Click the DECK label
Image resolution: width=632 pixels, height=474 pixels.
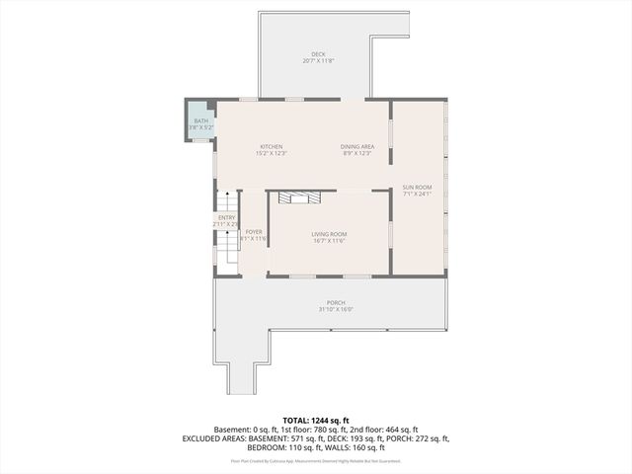(318, 54)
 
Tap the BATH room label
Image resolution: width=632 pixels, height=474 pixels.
(201, 120)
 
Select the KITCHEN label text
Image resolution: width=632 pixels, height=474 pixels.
(272, 146)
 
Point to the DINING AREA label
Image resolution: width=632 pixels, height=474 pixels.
(357, 146)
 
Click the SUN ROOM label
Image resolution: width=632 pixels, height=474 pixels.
(417, 187)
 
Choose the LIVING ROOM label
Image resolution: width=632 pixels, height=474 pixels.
(329, 233)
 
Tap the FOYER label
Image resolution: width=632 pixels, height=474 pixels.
(254, 232)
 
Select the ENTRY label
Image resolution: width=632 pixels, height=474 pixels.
(226, 217)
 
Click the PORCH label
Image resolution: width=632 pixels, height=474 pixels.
(336, 302)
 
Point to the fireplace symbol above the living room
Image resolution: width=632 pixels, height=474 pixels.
(299, 197)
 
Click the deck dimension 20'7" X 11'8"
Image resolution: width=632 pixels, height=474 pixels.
(318, 61)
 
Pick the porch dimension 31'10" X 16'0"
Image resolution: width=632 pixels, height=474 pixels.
(336, 309)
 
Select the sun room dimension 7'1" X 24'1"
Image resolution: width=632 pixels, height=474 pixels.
(417, 194)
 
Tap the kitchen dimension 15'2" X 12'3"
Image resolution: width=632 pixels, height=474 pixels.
(272, 153)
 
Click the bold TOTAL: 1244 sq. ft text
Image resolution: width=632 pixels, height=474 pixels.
(316, 420)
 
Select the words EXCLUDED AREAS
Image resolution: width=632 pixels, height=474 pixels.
(213, 437)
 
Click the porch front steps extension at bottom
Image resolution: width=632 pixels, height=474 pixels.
(241, 375)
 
